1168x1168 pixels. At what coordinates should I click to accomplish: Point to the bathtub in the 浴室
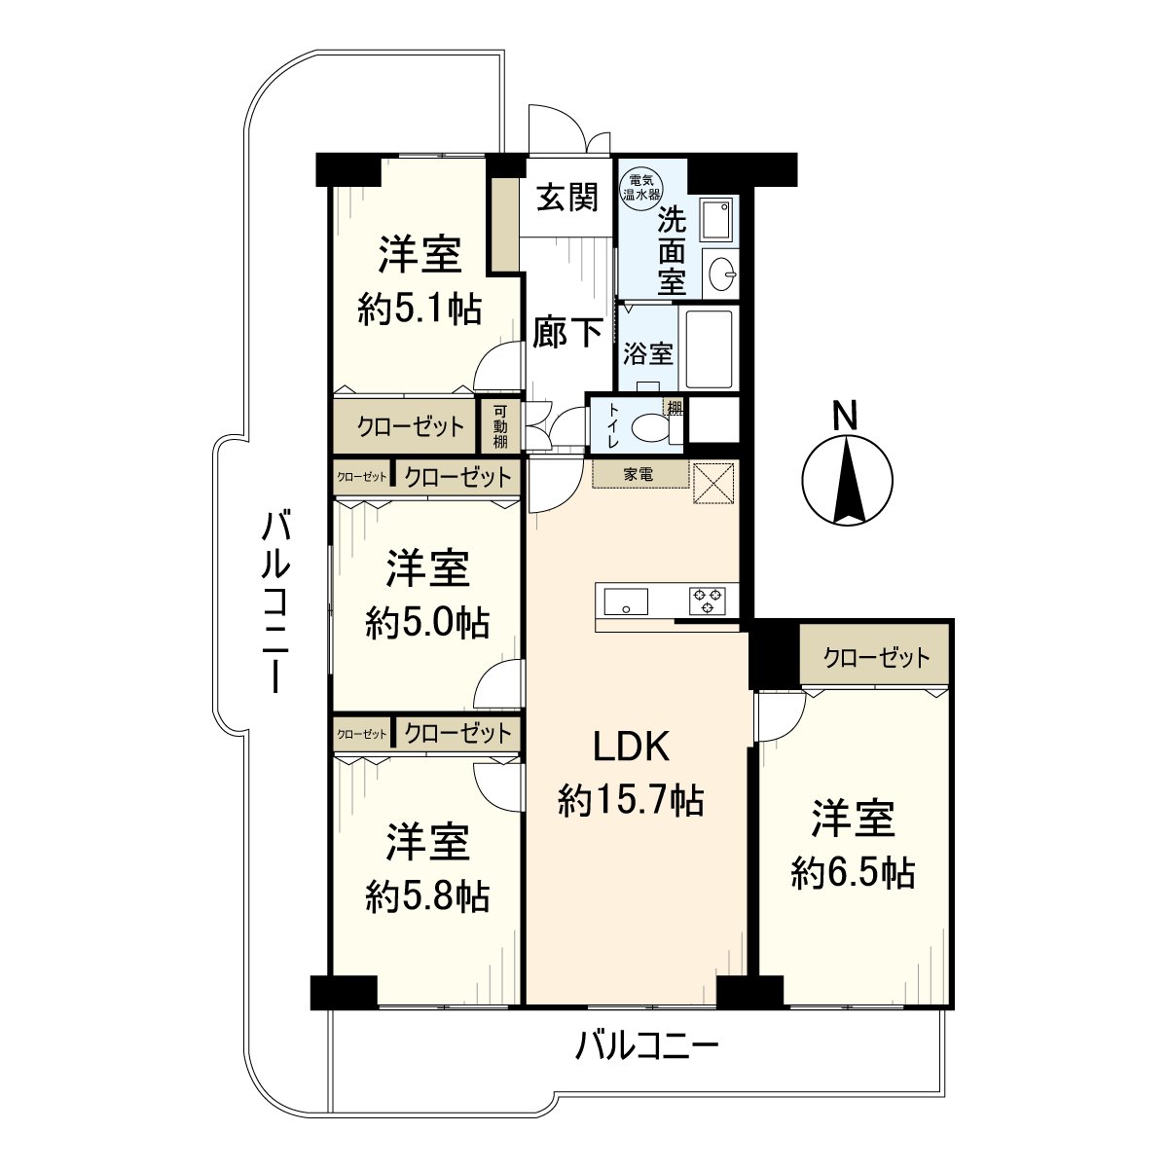pos(709,349)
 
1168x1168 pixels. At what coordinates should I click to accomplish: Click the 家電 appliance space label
pos(639,475)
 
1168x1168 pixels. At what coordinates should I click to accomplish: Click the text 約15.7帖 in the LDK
pos(631,800)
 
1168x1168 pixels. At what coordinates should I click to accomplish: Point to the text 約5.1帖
pos(419,310)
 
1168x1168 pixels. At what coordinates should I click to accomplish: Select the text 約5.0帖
pos(427,622)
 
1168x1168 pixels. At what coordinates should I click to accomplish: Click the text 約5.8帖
pos(427,895)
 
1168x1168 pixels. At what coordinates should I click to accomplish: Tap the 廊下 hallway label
pos(567,333)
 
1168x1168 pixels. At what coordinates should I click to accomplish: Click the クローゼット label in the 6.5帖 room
pos(876,658)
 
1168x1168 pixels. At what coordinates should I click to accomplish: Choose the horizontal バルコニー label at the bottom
pos(646,1047)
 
